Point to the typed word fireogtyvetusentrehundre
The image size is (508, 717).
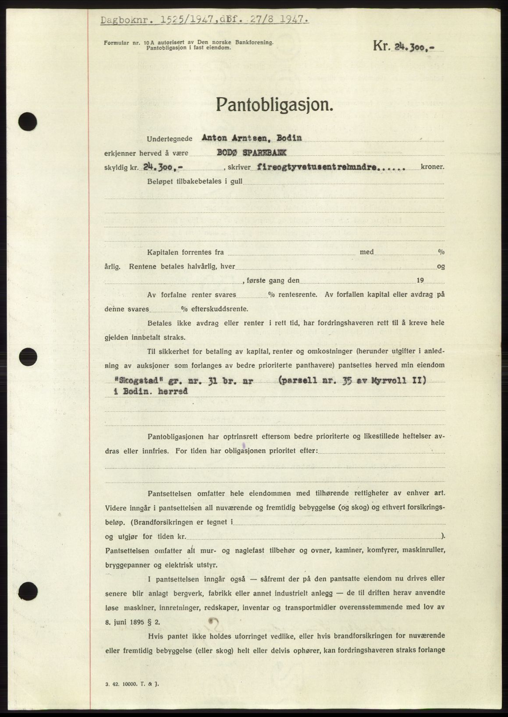pyautogui.click(x=319, y=167)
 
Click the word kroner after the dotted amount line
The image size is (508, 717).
pyautogui.click(x=432, y=167)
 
